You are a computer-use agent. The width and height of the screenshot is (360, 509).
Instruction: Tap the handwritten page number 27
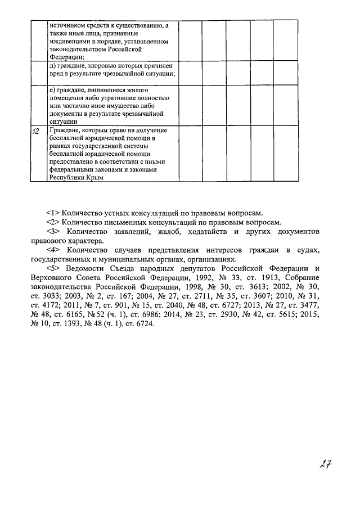324,465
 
